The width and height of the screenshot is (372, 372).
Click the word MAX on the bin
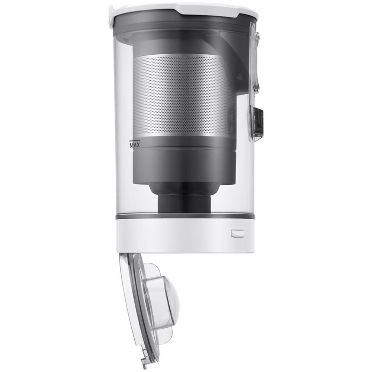[x=134, y=145]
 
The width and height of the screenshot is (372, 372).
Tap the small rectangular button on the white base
[x=237, y=233]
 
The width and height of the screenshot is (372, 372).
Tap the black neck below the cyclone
[x=184, y=203]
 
